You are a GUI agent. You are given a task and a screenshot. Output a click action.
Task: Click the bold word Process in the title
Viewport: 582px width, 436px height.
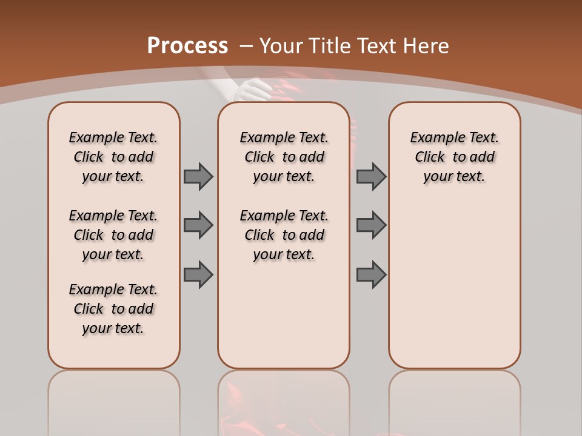[x=187, y=45]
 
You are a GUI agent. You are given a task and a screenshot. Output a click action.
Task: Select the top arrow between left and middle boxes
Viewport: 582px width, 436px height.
[x=198, y=176]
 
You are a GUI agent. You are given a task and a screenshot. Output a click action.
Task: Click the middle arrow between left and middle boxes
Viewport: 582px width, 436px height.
[x=198, y=225]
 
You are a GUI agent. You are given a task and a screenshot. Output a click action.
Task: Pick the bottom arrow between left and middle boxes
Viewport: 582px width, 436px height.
[x=198, y=274]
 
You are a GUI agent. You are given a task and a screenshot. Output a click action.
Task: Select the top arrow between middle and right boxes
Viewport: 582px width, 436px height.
[x=371, y=176]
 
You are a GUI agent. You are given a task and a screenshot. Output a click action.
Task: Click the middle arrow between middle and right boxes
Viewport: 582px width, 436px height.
[x=371, y=225]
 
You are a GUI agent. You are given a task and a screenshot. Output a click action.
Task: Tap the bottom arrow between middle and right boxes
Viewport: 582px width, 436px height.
[x=371, y=274]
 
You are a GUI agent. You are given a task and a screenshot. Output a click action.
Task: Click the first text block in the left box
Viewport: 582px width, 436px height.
[x=113, y=157]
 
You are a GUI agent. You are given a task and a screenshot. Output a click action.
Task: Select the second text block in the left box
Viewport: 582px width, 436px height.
[x=113, y=235]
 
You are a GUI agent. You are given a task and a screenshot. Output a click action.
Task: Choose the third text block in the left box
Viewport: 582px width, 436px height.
[x=113, y=309]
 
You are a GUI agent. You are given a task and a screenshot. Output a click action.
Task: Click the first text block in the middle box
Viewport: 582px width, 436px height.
[x=284, y=157]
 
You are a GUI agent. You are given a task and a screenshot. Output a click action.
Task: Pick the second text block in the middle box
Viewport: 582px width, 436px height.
[x=284, y=235]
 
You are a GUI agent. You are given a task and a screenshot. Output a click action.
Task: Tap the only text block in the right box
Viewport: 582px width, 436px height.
[x=454, y=157]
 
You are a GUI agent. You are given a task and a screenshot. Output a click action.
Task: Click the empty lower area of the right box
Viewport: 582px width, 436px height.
[x=454, y=291]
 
